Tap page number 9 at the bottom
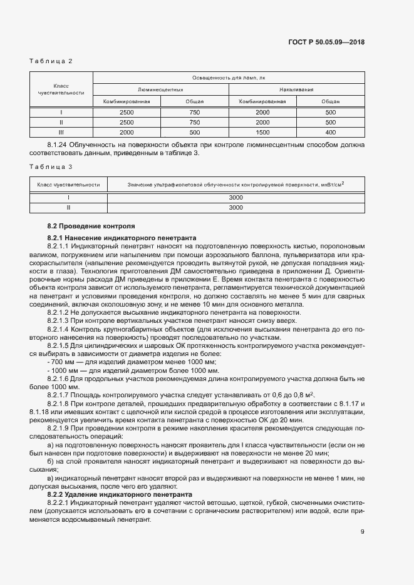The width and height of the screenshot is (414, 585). coord(363,532)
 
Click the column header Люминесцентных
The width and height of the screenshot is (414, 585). coord(160,89)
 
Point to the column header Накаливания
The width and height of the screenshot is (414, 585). coord(297,89)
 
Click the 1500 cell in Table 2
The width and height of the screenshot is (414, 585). coord(263,133)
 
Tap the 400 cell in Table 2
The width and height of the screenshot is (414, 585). coord(331,133)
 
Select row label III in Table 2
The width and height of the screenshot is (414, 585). coord(61,133)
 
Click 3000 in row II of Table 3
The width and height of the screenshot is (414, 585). coord(235,207)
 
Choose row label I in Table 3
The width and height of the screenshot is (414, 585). coord(68,197)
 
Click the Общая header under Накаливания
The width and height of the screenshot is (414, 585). coord(331,101)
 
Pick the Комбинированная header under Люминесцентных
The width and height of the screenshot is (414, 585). coord(127,101)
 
